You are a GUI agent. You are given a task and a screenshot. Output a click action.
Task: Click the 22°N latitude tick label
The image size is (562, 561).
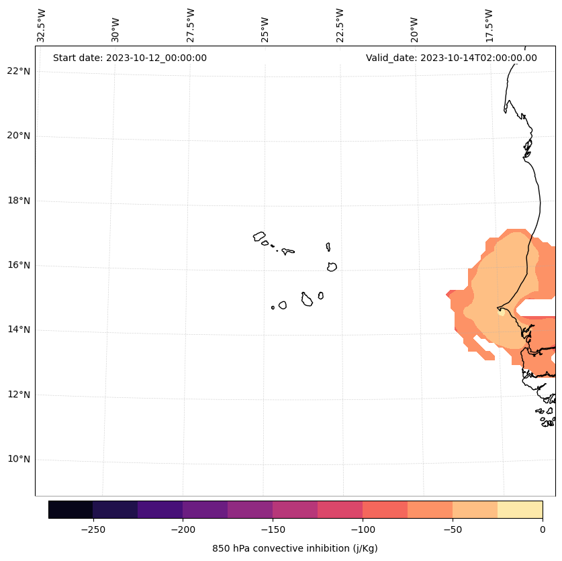18,71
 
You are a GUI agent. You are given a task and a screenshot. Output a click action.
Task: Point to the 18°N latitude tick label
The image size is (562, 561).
18,201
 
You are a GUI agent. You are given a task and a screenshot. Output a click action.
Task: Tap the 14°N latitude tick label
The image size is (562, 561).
18,329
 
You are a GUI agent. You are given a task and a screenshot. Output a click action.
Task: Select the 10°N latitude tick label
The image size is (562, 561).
18,459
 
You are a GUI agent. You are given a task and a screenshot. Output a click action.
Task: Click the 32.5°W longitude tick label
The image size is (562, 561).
41,25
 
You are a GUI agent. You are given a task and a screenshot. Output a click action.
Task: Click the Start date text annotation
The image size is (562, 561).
130,58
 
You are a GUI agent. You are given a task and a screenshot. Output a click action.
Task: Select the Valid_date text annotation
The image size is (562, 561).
451,58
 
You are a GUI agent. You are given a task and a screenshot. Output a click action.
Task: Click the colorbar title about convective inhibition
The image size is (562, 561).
295,548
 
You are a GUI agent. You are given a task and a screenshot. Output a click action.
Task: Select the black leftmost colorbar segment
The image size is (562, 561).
71,509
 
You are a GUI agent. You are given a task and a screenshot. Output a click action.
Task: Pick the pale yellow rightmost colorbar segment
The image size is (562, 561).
520,509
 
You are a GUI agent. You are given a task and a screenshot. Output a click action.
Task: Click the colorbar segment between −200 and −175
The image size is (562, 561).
205,509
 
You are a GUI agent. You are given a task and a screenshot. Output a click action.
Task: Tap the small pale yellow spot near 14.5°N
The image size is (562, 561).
501,312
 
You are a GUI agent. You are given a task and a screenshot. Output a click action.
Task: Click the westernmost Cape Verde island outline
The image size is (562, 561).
259,236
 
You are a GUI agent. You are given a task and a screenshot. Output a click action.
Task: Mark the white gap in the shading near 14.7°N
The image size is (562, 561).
538,307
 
